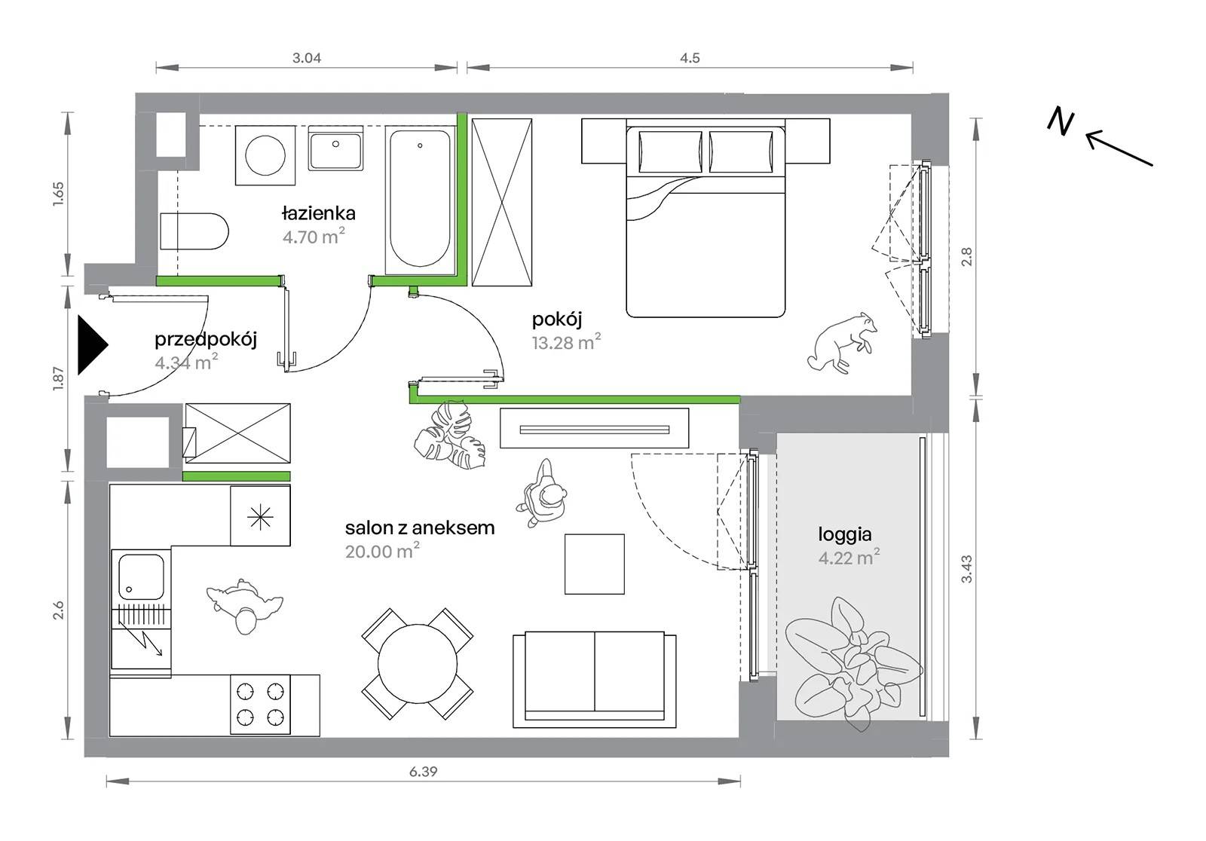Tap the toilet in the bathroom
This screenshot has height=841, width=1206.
click(x=194, y=231)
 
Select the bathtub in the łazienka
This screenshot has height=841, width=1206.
click(x=420, y=200)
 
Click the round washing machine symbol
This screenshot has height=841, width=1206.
click(x=265, y=155)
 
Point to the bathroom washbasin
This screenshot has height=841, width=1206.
click(x=335, y=148)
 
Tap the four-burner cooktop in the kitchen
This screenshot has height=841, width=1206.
click(x=261, y=705)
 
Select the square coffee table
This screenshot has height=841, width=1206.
click(x=595, y=564)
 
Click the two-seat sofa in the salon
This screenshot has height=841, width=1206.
click(x=595, y=680)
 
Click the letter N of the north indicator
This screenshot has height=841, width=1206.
click(x=1061, y=121)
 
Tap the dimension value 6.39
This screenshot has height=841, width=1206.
click(x=423, y=772)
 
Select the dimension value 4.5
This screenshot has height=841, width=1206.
click(x=690, y=57)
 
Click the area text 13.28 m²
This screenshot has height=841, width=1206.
click(x=566, y=341)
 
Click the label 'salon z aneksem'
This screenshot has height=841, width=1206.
click(x=420, y=528)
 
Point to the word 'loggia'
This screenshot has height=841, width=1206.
click(x=845, y=534)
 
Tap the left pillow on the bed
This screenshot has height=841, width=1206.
click(x=670, y=151)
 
